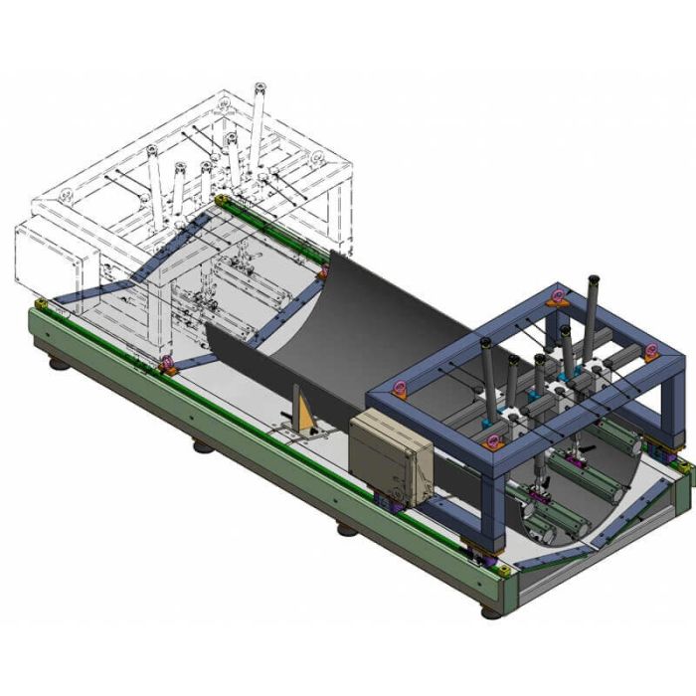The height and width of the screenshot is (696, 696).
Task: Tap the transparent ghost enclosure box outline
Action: point(55,257)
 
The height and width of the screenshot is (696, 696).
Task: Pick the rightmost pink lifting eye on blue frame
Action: point(651,351)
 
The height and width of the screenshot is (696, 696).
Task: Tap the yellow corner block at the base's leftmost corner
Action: point(41,303)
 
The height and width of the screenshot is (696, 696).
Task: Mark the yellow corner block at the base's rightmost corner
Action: point(684,465)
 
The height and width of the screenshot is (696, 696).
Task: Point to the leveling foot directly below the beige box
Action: point(346,528)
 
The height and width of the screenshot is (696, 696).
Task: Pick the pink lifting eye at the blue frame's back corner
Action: point(559,295)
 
